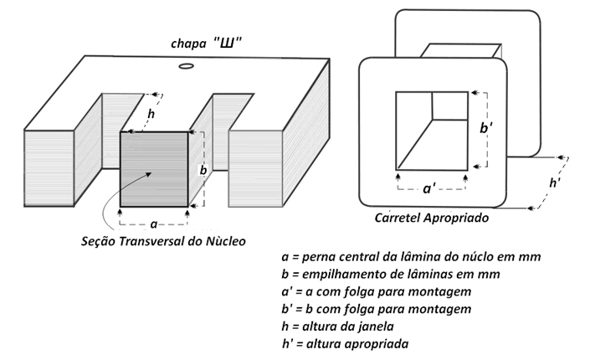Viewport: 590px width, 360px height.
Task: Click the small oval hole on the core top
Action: (x=187, y=66)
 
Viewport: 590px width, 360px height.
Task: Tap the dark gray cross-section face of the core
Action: (x=154, y=169)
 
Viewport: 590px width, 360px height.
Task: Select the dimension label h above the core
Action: (x=151, y=114)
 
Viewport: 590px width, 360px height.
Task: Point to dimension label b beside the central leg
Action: (x=203, y=170)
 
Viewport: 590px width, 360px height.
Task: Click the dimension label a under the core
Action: (x=153, y=224)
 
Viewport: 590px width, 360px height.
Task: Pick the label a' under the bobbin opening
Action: (x=429, y=188)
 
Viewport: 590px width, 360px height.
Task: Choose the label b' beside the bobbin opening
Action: (x=486, y=128)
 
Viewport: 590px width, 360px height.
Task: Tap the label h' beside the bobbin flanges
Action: (x=555, y=183)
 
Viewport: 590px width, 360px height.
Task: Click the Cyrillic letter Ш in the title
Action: (x=227, y=44)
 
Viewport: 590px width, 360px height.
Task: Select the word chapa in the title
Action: (x=188, y=44)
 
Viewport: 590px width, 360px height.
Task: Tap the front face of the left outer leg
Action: (x=49, y=168)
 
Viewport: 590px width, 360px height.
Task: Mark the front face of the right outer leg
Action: (x=255, y=169)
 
